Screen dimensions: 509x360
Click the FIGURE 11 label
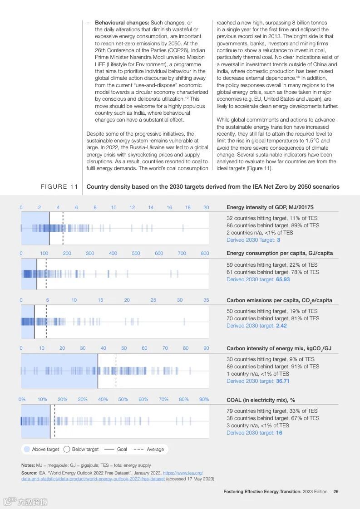click(59, 187)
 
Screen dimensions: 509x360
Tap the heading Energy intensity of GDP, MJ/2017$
click(270, 207)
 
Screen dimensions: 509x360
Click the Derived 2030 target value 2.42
click(281, 326)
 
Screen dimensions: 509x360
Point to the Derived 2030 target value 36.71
click(282, 381)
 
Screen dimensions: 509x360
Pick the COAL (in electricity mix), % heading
click(261, 400)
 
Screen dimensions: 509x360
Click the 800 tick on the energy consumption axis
click(205, 254)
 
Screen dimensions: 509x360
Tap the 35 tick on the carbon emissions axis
click(206, 300)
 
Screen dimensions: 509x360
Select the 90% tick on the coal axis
click(204, 400)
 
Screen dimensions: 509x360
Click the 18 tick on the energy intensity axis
click(187, 207)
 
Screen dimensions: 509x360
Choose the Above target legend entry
click(42, 449)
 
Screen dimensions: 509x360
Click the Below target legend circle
click(67, 449)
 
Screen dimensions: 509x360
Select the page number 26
click(335, 491)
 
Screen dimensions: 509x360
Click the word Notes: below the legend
click(28, 465)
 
